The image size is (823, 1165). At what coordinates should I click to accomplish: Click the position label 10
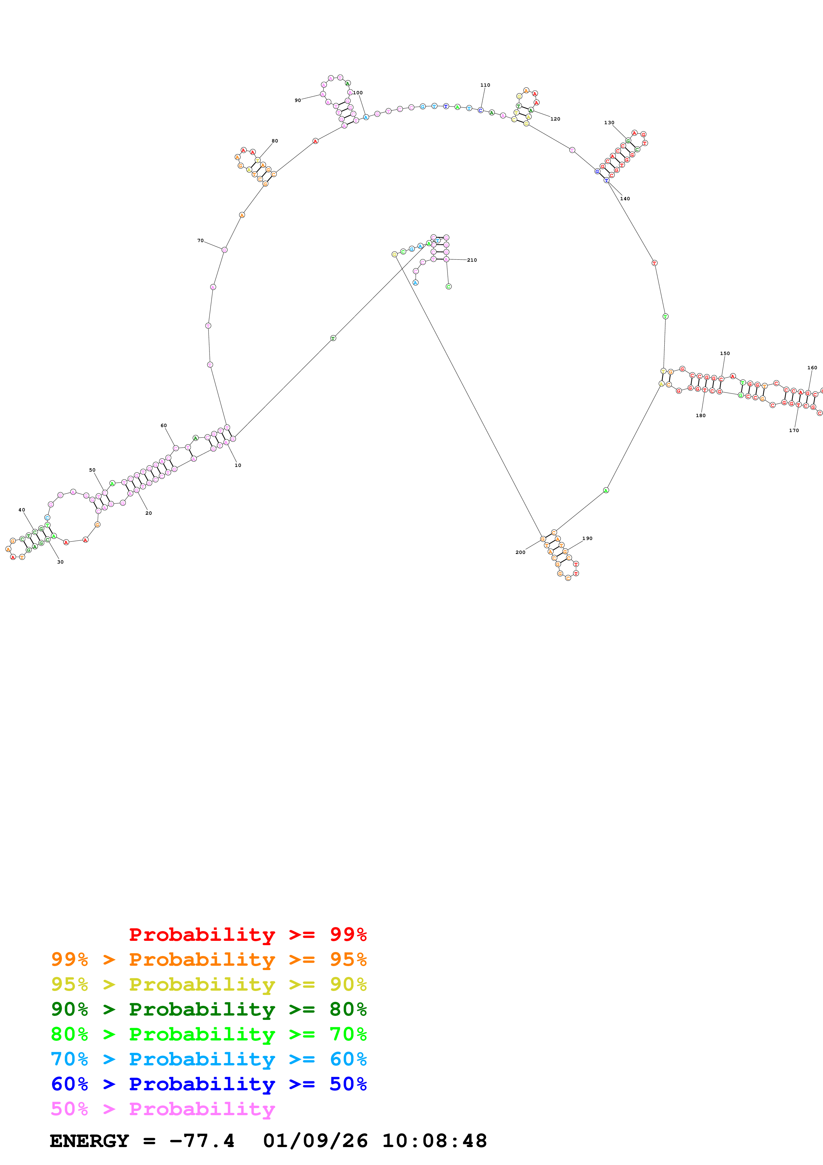(x=238, y=465)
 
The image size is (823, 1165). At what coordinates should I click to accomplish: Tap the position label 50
(x=92, y=470)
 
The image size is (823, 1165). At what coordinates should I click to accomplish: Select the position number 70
(x=200, y=240)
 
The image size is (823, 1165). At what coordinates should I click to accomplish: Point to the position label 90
(x=298, y=101)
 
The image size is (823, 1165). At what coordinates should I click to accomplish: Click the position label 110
(x=485, y=85)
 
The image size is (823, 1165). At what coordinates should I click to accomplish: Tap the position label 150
(x=725, y=353)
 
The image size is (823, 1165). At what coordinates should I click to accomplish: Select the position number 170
(x=793, y=430)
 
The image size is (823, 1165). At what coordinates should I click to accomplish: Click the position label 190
(x=587, y=538)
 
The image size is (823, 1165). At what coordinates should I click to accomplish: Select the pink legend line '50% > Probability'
(x=163, y=1109)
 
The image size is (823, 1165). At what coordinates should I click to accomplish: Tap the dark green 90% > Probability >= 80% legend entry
(x=208, y=1009)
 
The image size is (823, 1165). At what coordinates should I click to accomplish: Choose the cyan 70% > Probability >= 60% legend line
(x=208, y=1059)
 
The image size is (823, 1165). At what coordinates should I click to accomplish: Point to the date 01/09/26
(x=315, y=1141)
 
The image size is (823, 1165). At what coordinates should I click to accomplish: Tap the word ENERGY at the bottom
(x=89, y=1141)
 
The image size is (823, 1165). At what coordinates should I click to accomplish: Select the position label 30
(x=60, y=562)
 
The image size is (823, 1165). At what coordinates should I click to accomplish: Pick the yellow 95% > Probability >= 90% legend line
(x=208, y=984)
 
